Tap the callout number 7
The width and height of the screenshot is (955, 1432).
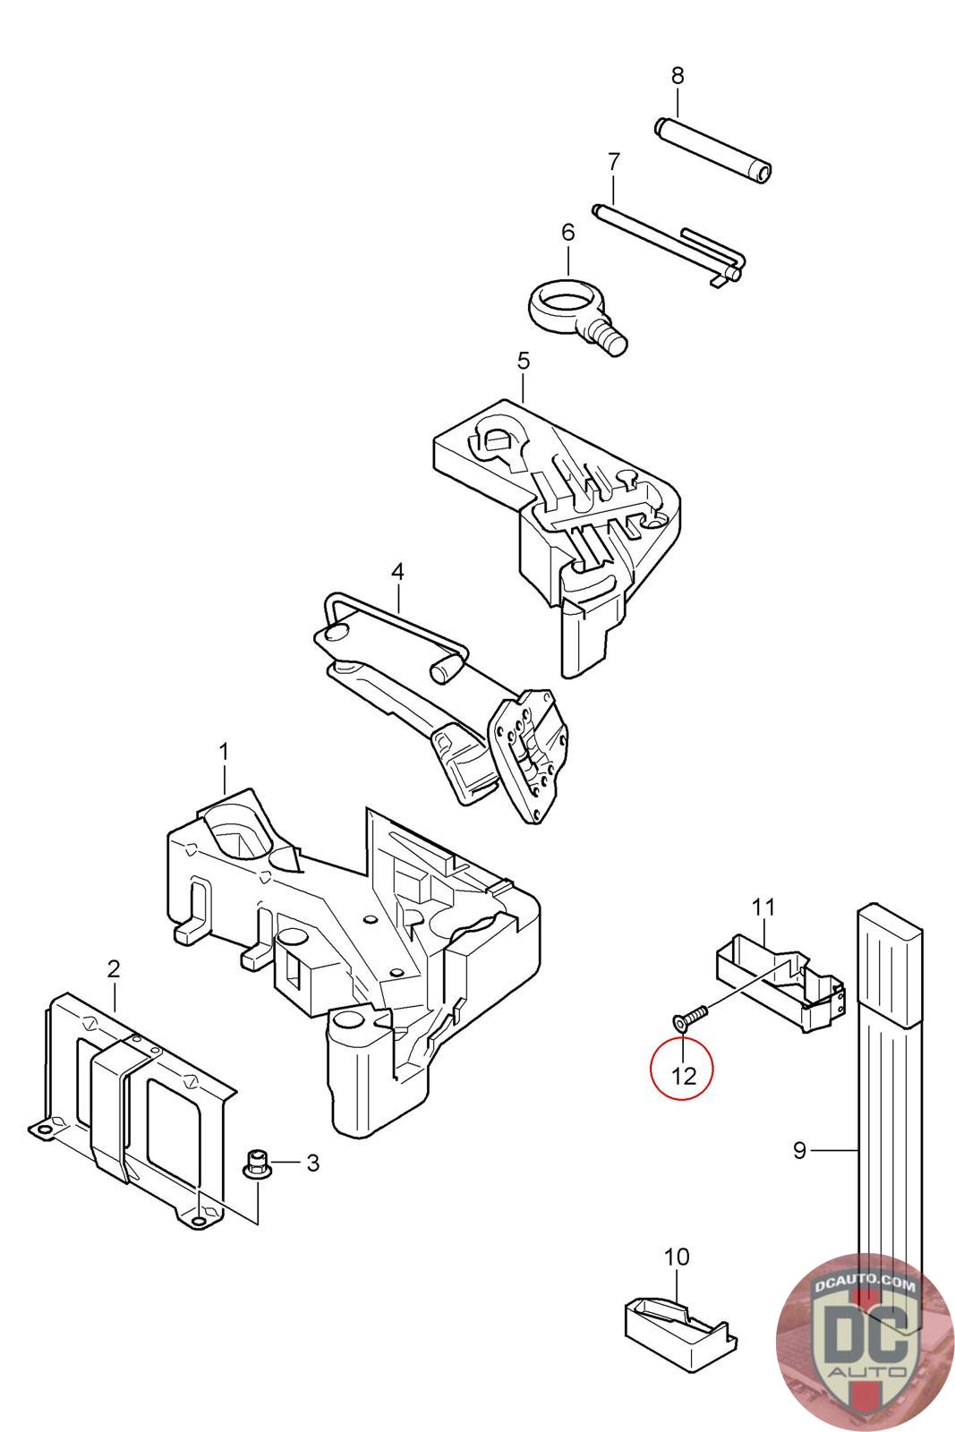tap(613, 162)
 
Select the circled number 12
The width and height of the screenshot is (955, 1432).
tap(683, 1075)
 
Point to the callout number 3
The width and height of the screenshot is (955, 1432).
tap(312, 1163)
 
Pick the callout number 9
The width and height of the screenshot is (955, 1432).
tap(799, 1148)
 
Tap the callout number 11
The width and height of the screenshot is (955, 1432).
tap(763, 908)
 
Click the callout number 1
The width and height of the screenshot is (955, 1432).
tap(224, 750)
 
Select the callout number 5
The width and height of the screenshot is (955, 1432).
tap(524, 361)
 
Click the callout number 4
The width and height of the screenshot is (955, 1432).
tap(397, 571)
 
